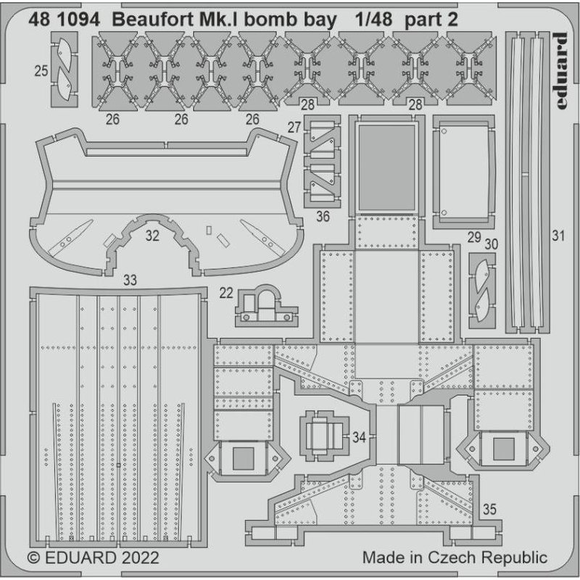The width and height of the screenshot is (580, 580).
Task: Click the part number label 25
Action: tap(41, 71)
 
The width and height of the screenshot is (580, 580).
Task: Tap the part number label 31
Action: tap(557, 234)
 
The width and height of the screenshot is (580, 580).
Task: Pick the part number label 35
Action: tap(489, 509)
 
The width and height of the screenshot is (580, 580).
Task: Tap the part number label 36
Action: tap(323, 215)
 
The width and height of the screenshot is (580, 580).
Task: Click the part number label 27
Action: tap(294, 128)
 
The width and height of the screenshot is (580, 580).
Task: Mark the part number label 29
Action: tap(473, 236)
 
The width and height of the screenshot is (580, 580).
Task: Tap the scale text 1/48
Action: tap(374, 20)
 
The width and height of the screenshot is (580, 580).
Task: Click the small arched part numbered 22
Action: tap(265, 304)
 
